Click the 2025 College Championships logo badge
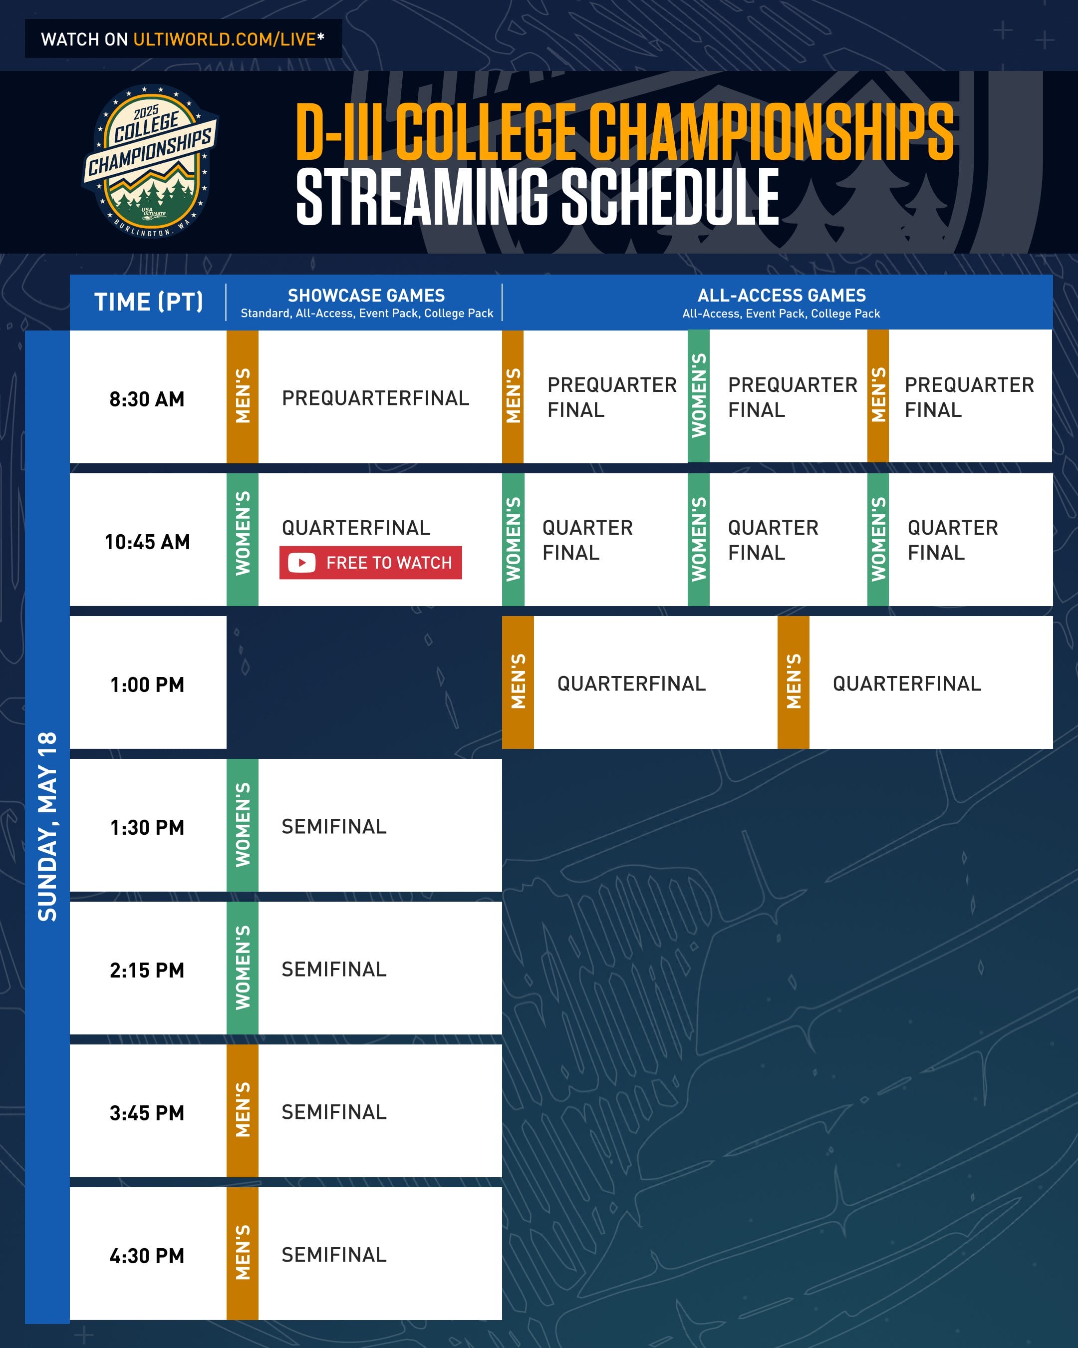pos(151,161)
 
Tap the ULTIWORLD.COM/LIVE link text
pos(225,39)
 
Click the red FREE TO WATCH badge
pos(371,563)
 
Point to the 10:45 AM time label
pos(148,542)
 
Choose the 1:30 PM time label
pos(148,828)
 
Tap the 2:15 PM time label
pos(148,971)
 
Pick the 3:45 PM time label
pos(148,1113)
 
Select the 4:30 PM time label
pos(148,1256)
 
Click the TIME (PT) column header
pos(149,302)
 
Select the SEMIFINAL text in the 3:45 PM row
pos(334,1112)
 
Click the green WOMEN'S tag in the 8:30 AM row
pos(699,396)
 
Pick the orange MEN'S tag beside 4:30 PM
pos(243,1254)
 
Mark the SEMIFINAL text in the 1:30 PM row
pos(334,827)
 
